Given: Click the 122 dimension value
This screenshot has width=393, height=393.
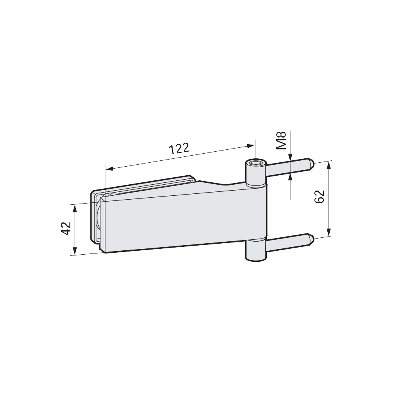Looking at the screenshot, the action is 179,149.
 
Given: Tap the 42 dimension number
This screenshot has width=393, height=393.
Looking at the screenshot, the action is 66,228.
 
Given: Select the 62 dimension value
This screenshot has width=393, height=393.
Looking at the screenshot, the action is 320,196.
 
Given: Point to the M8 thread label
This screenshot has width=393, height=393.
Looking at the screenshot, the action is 281,141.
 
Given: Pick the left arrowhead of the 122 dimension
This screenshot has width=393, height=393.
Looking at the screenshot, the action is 110,169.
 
